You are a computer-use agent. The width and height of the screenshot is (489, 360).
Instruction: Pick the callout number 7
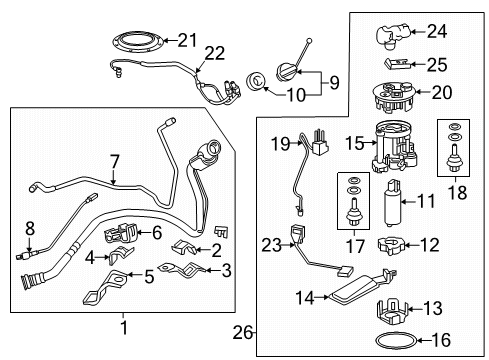point(114,159)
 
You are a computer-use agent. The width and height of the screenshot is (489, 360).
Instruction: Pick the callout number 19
point(281,146)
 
